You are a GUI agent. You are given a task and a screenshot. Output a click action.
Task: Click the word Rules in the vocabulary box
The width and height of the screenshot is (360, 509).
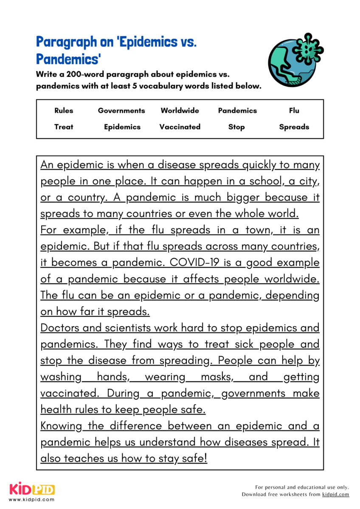tap(64, 111)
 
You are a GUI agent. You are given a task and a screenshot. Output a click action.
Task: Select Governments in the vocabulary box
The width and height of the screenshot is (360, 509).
tap(121, 111)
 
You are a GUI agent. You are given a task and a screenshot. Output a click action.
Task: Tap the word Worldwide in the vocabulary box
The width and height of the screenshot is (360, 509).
tap(180, 111)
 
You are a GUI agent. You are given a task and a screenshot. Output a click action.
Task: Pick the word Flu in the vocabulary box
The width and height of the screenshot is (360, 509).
tap(294, 111)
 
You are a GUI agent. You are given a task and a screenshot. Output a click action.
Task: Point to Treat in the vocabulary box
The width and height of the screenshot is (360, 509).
tap(64, 127)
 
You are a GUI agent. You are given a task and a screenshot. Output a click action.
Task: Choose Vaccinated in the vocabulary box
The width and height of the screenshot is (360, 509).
tap(180, 127)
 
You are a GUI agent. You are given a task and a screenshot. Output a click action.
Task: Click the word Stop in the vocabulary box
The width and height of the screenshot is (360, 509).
tap(236, 127)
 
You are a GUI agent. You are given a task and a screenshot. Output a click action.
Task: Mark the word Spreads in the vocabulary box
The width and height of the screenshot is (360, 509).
tap(294, 127)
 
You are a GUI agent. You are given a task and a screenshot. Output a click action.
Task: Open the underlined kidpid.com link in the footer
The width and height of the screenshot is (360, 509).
tap(335, 495)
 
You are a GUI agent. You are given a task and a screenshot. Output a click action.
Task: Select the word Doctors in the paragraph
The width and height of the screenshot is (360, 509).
tap(59, 328)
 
